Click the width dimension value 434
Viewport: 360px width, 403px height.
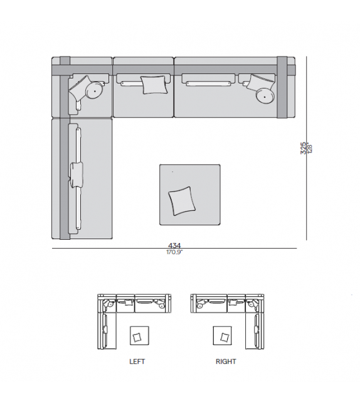tap(174, 245)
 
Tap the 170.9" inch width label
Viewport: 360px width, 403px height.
tap(174, 252)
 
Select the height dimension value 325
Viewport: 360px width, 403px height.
tap(304, 148)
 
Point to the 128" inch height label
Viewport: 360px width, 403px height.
tap(309, 148)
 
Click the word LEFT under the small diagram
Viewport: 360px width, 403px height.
tap(137, 362)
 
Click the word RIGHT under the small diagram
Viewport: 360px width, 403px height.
tap(226, 362)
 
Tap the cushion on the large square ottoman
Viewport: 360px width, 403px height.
tap(182, 201)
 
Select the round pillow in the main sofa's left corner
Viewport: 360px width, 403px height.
tap(95, 90)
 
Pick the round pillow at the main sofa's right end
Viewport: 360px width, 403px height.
tap(265, 97)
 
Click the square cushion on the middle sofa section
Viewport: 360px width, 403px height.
tap(154, 85)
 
